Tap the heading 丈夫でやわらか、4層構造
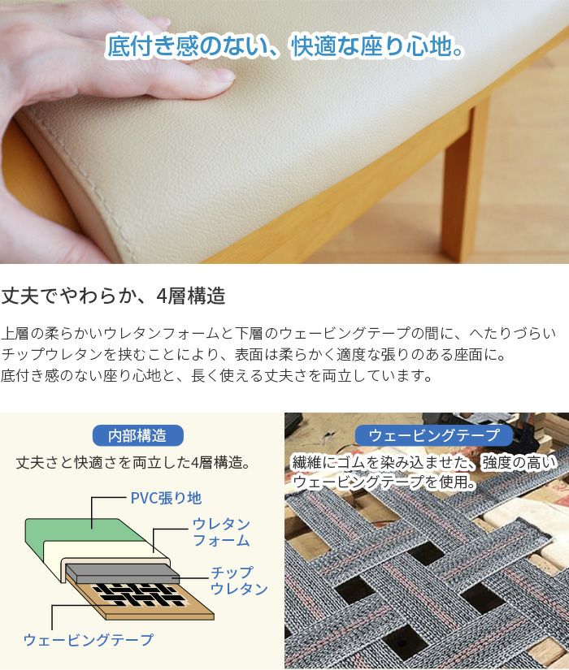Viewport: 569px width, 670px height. pyautogui.click(x=113, y=296)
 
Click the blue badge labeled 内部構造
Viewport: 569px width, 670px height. pyautogui.click(x=140, y=435)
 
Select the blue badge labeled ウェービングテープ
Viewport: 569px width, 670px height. pyautogui.click(x=433, y=435)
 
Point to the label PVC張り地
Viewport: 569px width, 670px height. pyautogui.click(x=166, y=497)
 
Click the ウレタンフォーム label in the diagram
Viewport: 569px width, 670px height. pyautogui.click(x=220, y=532)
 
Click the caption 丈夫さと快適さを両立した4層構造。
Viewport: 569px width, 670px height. pyautogui.click(x=132, y=463)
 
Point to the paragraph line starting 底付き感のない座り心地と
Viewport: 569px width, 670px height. pyautogui.click(x=215, y=376)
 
